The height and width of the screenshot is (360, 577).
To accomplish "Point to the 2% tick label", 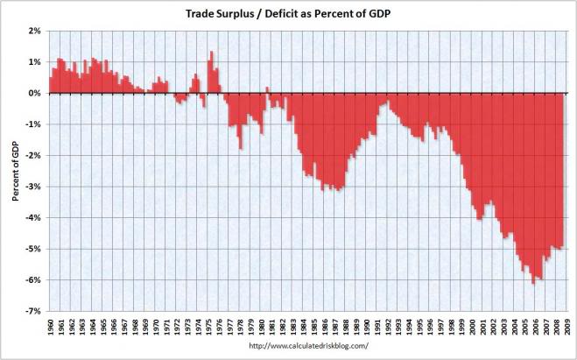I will click(35, 31).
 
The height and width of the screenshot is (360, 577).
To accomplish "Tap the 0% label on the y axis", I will click(35, 93).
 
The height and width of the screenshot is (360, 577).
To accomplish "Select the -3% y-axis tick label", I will click(34, 187).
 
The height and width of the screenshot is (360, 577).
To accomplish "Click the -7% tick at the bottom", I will click(34, 311).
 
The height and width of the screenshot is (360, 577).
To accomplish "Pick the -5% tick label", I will click(34, 249).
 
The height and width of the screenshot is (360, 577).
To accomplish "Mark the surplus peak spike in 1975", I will click(211, 53).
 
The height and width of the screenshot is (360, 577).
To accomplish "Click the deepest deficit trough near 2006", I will click(533, 283).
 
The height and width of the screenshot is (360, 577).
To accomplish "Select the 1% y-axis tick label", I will click(35, 62).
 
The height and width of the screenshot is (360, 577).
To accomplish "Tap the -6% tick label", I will click(34, 280).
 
